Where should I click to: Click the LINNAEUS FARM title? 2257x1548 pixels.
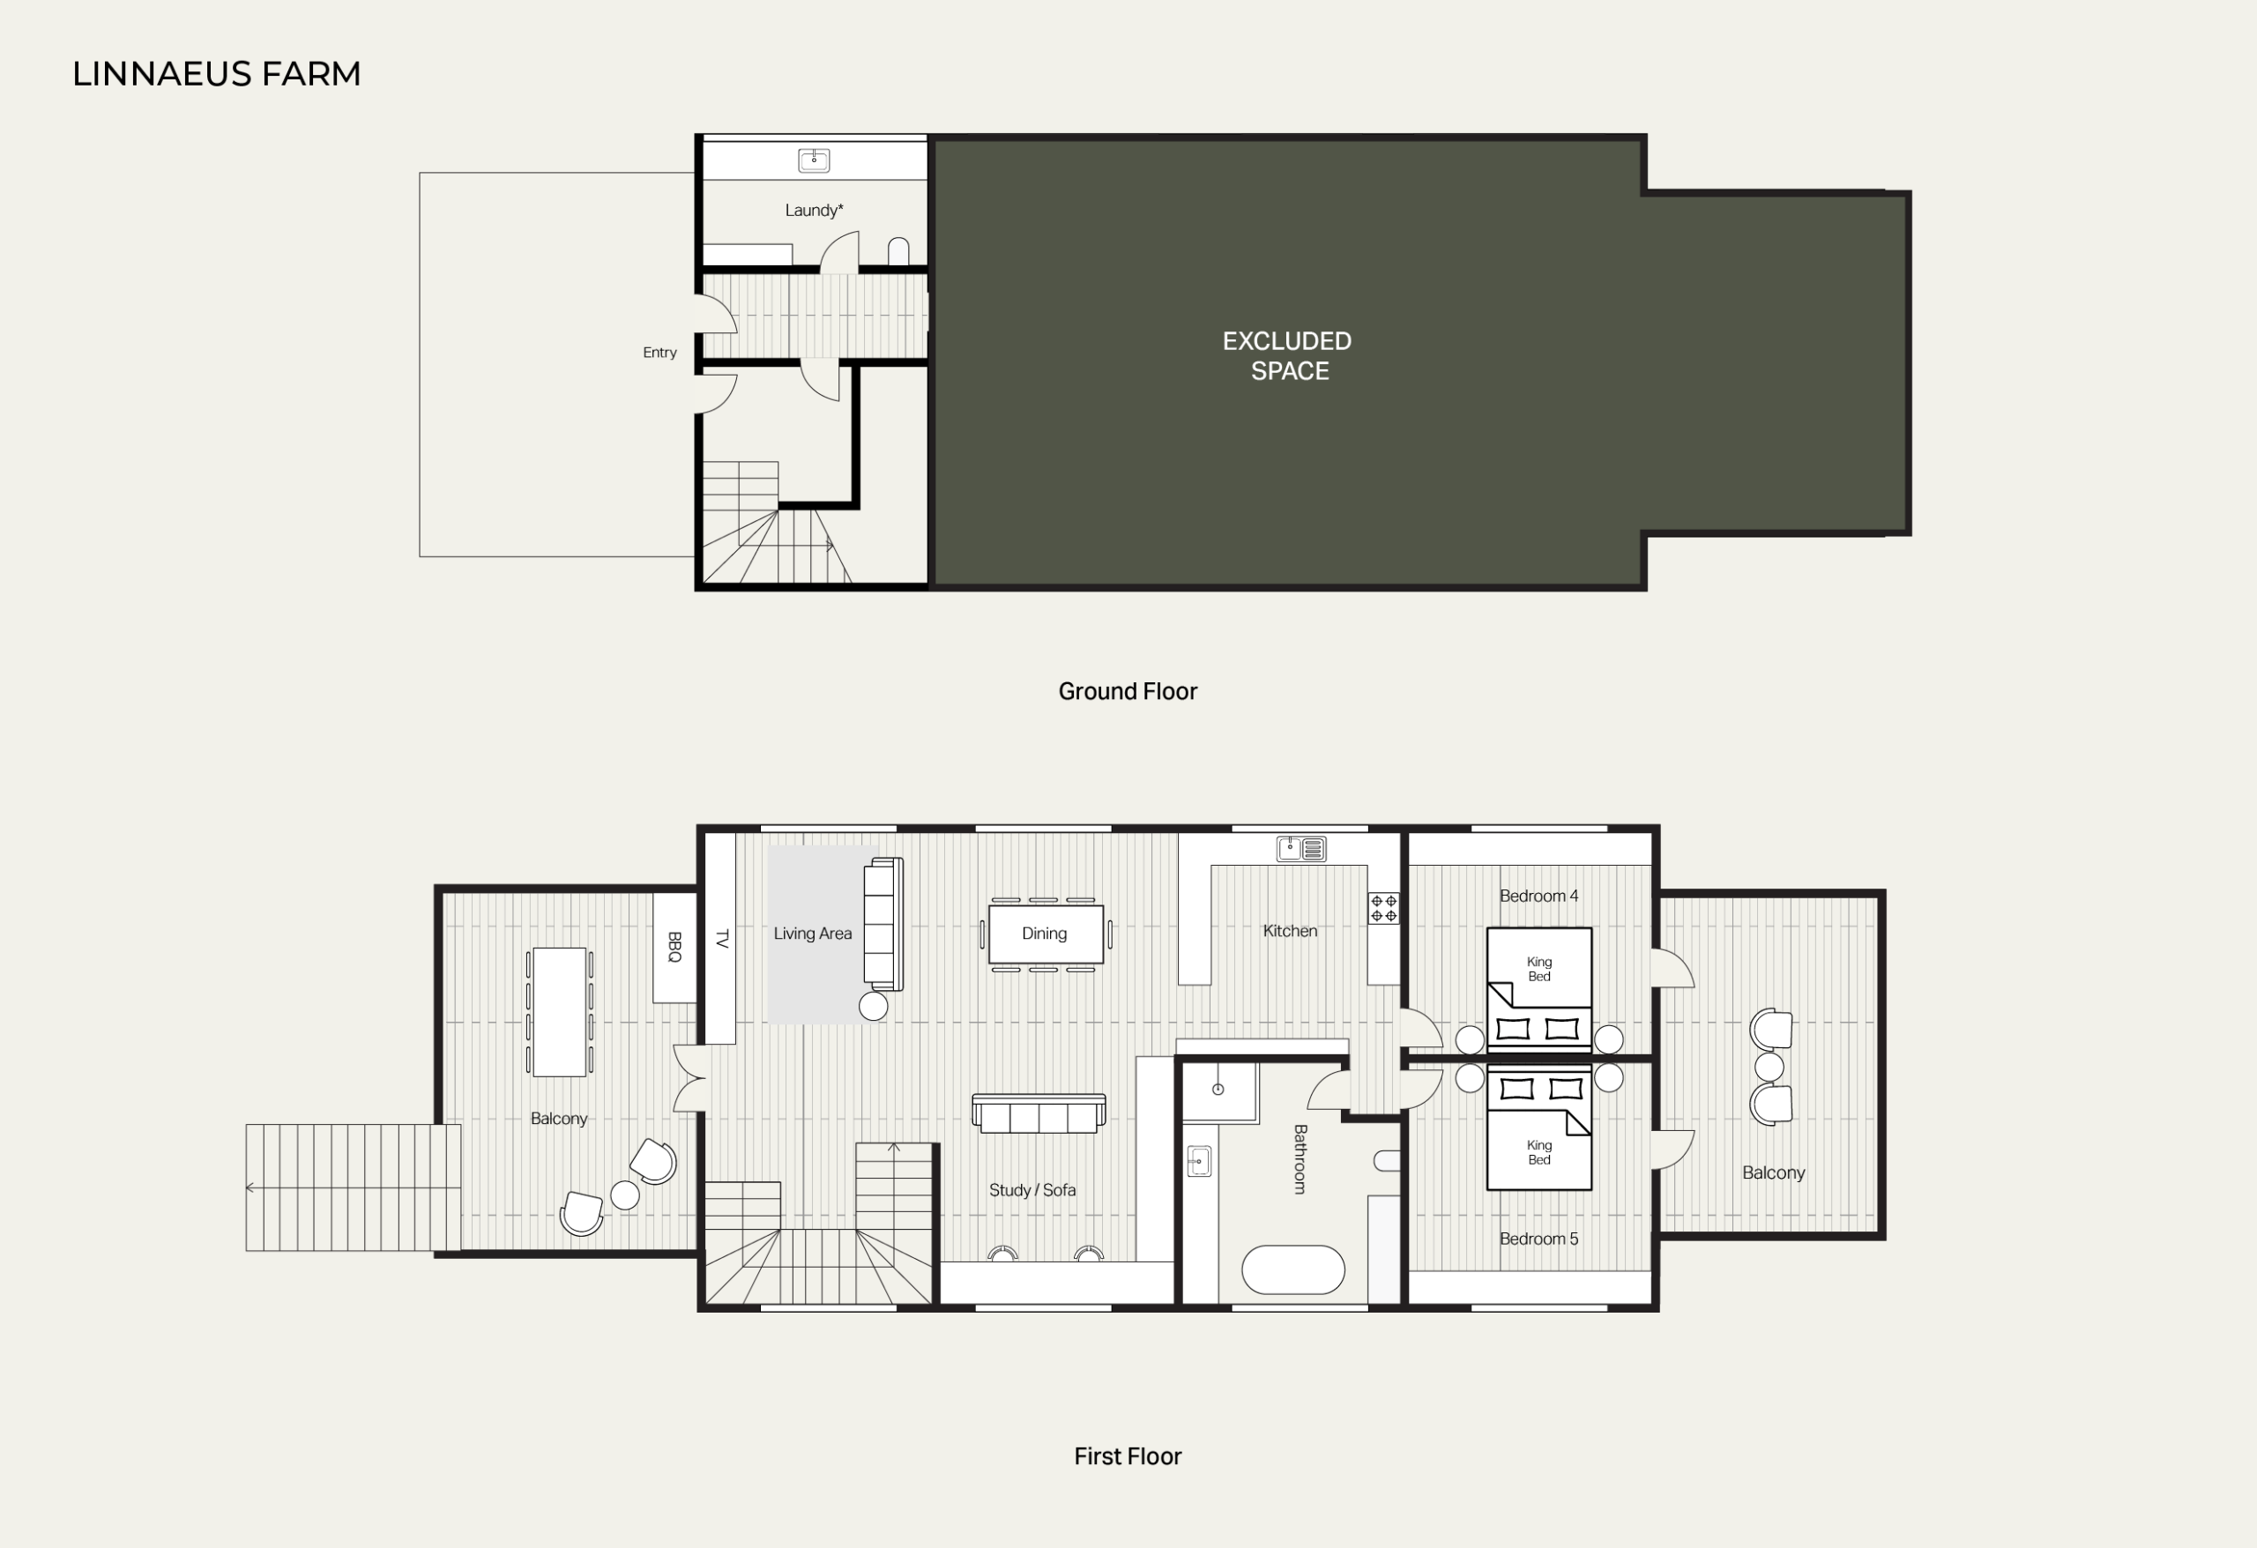[x=217, y=74]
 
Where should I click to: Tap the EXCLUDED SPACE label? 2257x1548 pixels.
[x=1287, y=355]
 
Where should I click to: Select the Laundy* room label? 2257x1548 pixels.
[x=814, y=210]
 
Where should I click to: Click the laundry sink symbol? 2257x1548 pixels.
[x=814, y=160]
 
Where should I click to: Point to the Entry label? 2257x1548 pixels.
[x=659, y=353]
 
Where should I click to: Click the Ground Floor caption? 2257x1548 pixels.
[x=1128, y=691]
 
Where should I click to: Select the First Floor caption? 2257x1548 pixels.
[x=1128, y=1455]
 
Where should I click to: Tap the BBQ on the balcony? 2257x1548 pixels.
[x=674, y=947]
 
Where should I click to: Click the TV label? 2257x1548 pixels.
[x=721, y=939]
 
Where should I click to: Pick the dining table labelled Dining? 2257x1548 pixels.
[x=1046, y=934]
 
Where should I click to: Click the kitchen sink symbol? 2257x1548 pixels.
[x=1301, y=849]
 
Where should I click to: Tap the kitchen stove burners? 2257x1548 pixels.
[x=1384, y=908]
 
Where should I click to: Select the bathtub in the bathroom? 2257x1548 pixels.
[x=1292, y=1269]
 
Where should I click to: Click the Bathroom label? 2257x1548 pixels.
[x=1300, y=1158]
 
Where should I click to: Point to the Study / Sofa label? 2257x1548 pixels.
[x=1032, y=1189]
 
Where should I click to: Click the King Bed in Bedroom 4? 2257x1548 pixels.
[x=1539, y=988]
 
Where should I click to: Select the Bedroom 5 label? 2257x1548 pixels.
[x=1538, y=1239]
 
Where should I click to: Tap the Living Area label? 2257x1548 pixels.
[x=813, y=934]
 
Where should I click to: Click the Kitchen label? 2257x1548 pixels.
[x=1290, y=930]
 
